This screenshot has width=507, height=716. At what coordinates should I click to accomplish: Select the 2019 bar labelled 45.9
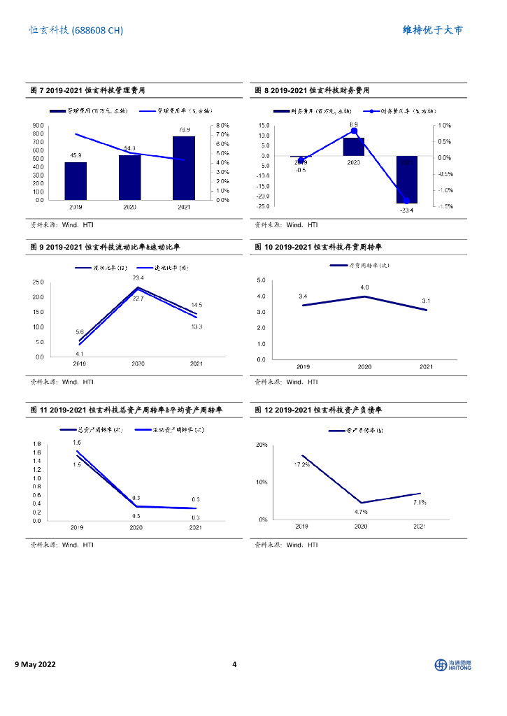(x=76, y=181)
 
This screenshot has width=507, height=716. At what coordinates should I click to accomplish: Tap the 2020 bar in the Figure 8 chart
(x=354, y=146)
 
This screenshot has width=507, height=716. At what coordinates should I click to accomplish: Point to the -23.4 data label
(x=406, y=210)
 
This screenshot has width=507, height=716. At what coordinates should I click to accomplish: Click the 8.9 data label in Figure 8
(x=354, y=124)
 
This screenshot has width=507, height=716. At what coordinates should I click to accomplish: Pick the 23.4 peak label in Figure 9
(x=138, y=278)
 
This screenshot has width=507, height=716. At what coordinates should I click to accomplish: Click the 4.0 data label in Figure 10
(x=364, y=287)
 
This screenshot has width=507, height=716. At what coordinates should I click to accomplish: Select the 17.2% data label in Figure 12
(x=301, y=464)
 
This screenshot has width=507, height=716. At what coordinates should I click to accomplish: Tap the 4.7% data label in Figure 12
(x=361, y=512)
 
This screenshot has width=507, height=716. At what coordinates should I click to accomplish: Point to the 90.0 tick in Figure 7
(x=38, y=125)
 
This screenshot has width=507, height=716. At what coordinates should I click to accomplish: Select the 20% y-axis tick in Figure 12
(x=262, y=445)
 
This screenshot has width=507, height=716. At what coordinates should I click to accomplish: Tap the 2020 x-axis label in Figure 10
(x=364, y=367)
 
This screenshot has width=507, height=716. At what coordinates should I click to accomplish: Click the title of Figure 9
(x=105, y=248)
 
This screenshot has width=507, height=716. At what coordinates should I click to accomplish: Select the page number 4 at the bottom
(x=235, y=664)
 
